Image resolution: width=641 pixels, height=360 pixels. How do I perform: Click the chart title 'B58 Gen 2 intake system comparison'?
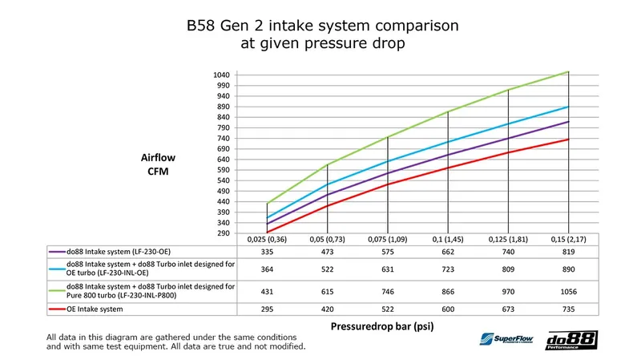coord(320,26)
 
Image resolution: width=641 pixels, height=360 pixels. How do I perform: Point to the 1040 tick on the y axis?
coord(220,75)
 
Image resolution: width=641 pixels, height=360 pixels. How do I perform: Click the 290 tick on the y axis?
coord(222,233)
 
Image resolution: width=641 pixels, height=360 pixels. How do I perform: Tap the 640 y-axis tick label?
coord(222,160)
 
